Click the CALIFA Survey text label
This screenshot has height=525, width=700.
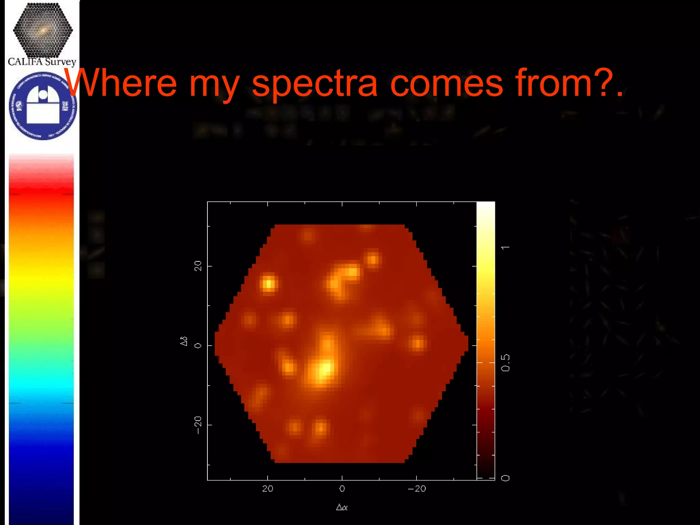click(x=42, y=62)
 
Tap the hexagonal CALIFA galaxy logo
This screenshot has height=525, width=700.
click(x=43, y=30)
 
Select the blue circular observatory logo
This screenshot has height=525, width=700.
click(x=43, y=106)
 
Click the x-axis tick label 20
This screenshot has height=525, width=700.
click(x=268, y=489)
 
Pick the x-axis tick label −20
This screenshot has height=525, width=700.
click(x=417, y=489)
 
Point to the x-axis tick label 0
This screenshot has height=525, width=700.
click(x=342, y=489)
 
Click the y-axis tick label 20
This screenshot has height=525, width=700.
click(x=198, y=266)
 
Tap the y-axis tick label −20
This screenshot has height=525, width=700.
click(x=198, y=425)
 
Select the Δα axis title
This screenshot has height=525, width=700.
click(x=342, y=507)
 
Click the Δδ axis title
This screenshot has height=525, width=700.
click(x=184, y=341)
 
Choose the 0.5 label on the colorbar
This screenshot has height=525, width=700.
click(x=505, y=363)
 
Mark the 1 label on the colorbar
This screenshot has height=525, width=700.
click(x=505, y=247)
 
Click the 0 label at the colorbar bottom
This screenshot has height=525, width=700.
click(x=505, y=478)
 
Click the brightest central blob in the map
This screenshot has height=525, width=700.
click(x=323, y=369)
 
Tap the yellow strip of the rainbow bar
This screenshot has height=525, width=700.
click(x=41, y=277)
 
